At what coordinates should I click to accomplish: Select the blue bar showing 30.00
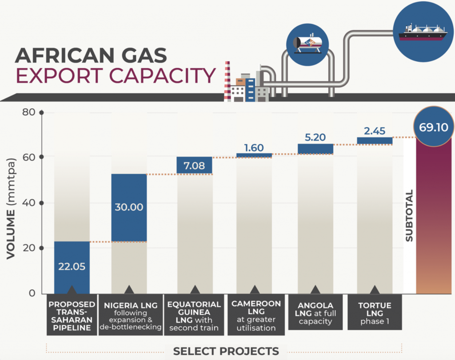pos(129,208)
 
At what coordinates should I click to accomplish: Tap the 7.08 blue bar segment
pos(195,166)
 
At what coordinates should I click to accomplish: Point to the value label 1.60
pos(254,148)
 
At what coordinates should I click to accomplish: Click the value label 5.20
pos(315,137)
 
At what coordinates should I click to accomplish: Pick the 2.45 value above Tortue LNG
pos(375,131)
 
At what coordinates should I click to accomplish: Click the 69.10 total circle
pos(434,127)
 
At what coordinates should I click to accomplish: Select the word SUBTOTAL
pos(409,216)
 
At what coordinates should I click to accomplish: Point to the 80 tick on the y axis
pos(29,112)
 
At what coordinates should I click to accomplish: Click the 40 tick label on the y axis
pos(29,202)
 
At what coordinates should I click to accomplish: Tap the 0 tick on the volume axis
pos(32,293)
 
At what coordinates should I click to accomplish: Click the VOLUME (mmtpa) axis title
pos(11,209)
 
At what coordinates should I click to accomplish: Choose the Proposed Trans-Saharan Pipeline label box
pos(72,315)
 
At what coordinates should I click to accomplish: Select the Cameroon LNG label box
pos(256,315)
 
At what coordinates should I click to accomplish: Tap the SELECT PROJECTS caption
pos(226,351)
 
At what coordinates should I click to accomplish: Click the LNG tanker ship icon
pos(423,33)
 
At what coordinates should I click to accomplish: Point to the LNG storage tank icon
pos(307,44)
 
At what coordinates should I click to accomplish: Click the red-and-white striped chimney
pos(227,81)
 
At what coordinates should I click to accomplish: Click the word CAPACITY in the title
pos(162,75)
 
